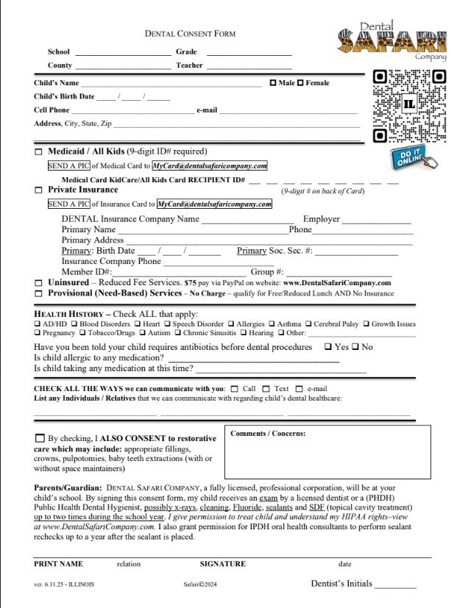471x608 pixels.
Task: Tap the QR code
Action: (x=409, y=105)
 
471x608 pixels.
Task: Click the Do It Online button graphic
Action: (x=413, y=158)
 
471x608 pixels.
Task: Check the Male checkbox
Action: (x=274, y=83)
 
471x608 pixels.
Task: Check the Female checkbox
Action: (x=300, y=83)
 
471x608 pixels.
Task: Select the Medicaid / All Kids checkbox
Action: (x=39, y=151)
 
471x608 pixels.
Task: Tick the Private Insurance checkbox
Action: (x=39, y=190)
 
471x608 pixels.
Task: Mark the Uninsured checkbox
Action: (x=39, y=283)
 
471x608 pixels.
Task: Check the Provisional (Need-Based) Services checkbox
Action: (x=39, y=293)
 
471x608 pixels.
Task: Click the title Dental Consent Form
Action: (x=190, y=34)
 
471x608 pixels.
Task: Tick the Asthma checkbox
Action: (x=272, y=323)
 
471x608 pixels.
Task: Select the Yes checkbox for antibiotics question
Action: (x=327, y=347)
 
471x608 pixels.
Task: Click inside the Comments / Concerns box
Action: (x=318, y=456)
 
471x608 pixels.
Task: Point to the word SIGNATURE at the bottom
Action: (x=222, y=564)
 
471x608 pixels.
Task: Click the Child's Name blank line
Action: (x=171, y=85)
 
